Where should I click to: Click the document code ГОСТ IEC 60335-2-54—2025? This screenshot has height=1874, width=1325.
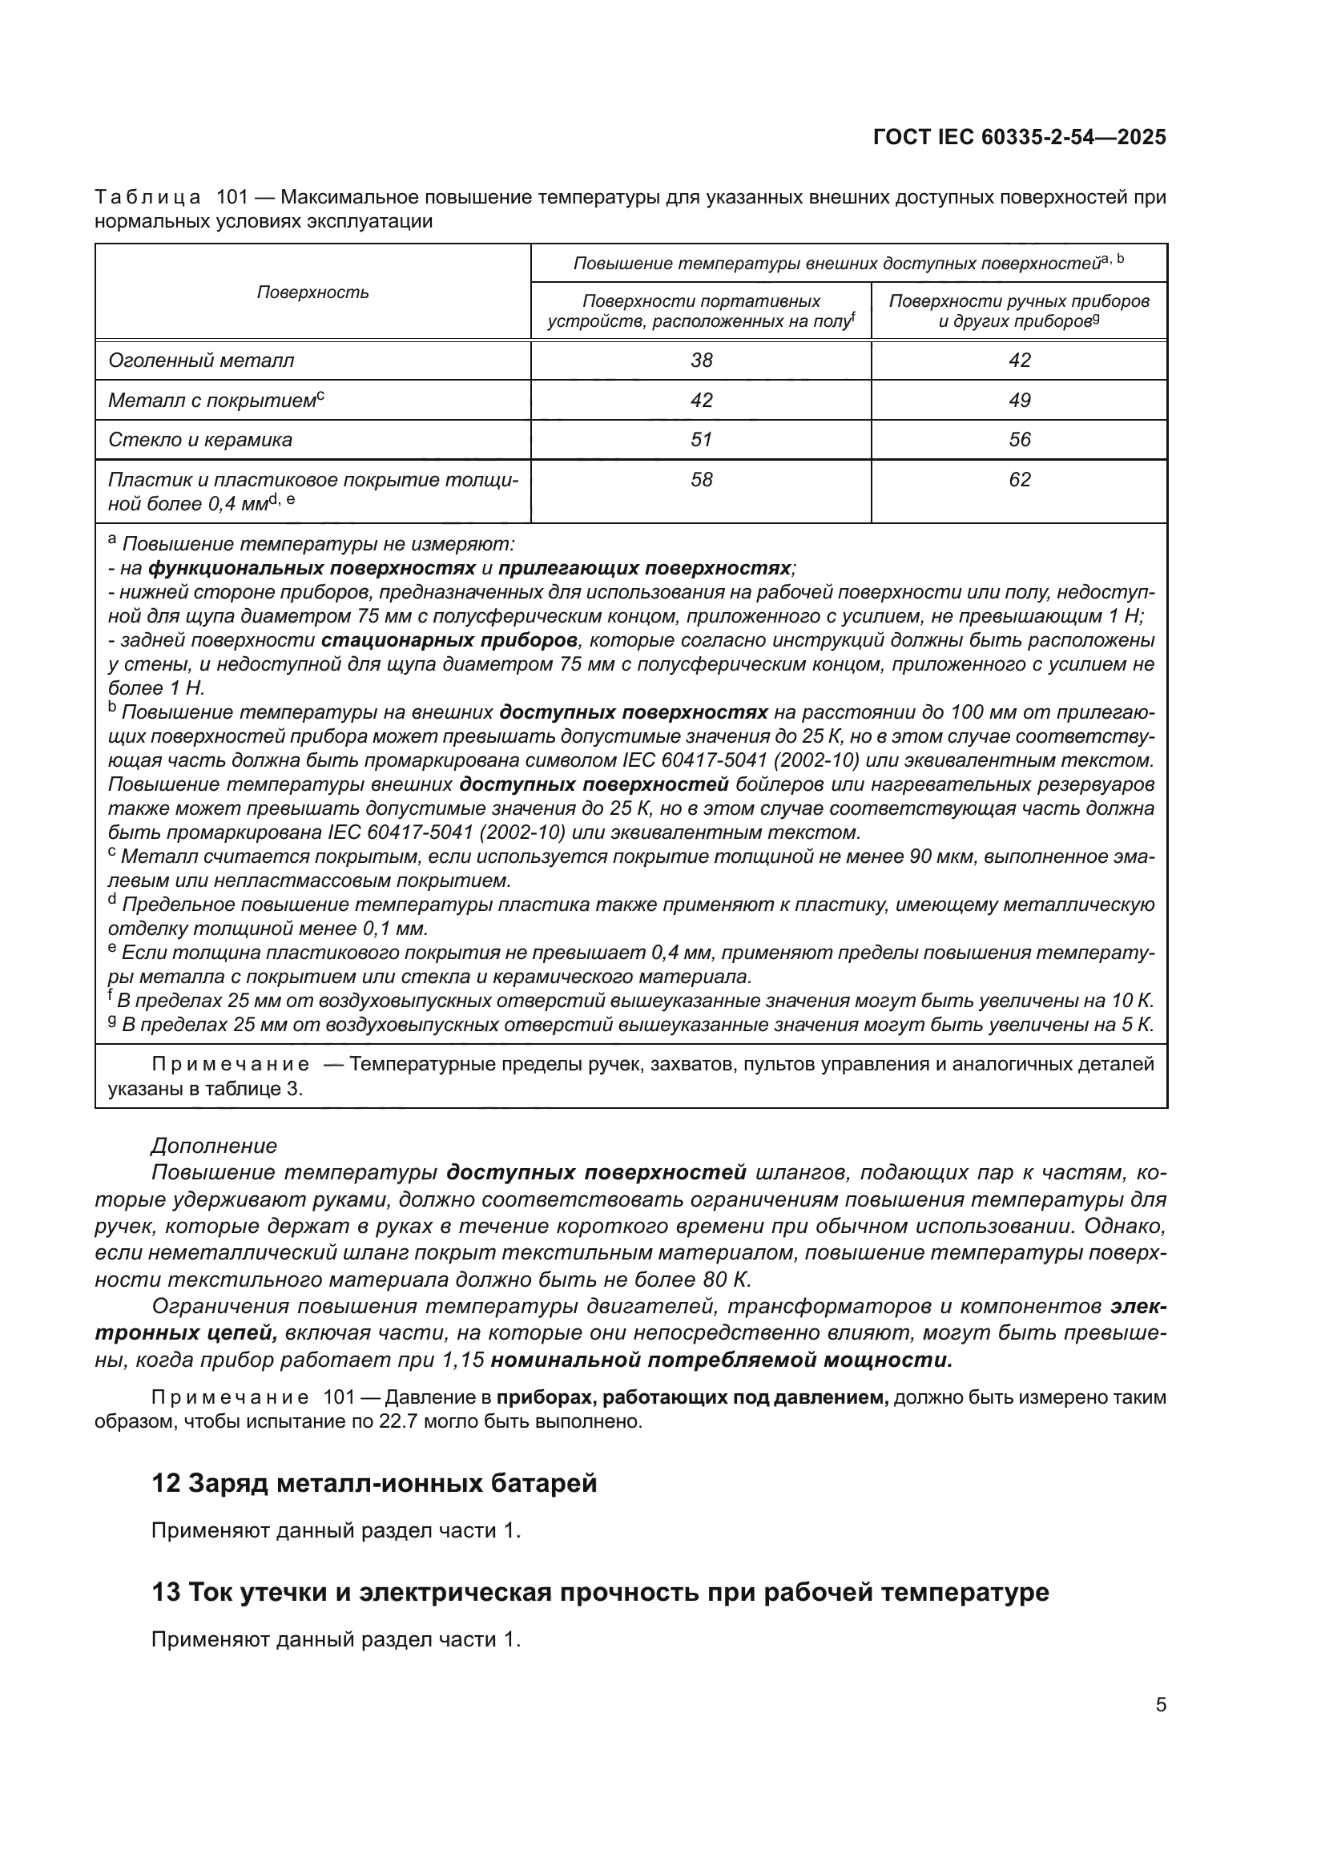pos(1019,137)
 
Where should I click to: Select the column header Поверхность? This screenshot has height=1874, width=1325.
pos(312,292)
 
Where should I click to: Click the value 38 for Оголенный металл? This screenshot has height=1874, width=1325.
pos(701,360)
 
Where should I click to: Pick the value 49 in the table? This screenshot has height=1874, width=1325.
pos(1019,400)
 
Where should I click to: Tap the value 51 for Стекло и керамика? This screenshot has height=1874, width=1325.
pos(701,440)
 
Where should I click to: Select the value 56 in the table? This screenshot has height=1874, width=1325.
pos(1019,440)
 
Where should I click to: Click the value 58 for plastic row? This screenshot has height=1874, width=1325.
pos(701,479)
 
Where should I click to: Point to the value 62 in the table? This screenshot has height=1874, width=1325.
pos(1019,479)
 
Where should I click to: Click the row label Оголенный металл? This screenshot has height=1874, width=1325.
pos(201,360)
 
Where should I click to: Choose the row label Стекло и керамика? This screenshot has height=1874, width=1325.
pos(200,440)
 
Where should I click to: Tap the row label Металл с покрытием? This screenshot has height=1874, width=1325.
pos(212,400)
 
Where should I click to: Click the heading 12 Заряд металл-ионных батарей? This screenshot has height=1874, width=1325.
pos(374,1482)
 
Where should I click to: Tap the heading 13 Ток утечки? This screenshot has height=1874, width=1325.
pos(600,1592)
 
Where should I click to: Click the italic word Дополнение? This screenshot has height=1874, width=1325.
pos(214,1146)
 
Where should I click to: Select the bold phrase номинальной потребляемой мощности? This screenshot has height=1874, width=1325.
pos(721,1360)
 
